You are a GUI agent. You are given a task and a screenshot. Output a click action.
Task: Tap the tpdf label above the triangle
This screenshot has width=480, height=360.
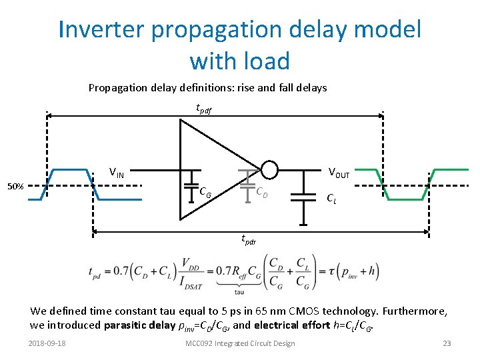tap(203, 108)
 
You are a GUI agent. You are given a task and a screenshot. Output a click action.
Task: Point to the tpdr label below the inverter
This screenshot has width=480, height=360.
tap(248, 240)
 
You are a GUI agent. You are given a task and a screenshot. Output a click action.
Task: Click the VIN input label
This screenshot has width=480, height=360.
tap(117, 173)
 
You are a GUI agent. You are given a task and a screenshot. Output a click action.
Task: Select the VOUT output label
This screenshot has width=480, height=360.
tap(339, 174)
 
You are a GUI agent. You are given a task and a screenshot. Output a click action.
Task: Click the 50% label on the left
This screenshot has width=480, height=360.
tap(15, 187)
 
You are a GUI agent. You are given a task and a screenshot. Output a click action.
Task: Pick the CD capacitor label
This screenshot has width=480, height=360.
tap(262, 193)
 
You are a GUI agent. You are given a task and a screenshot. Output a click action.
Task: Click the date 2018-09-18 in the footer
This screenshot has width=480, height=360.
tap(48, 343)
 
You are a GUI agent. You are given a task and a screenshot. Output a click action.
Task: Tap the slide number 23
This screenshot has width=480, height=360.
tap(447, 343)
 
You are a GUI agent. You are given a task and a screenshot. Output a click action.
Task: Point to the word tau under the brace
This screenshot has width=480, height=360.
tap(239, 291)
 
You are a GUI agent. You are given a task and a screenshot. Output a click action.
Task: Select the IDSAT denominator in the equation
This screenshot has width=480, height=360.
tap(193, 280)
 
